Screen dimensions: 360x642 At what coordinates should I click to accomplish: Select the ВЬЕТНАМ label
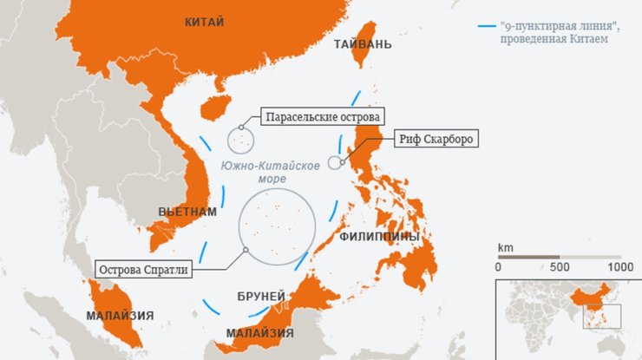(187, 212)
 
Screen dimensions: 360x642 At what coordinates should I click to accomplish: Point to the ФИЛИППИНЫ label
(379, 236)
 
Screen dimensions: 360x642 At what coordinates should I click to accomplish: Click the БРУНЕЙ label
(260, 296)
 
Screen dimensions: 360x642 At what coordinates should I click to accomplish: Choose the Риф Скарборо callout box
(437, 139)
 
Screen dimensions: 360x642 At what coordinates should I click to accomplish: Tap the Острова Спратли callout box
(141, 268)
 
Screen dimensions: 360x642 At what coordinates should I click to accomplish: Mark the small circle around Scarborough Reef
(337, 162)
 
